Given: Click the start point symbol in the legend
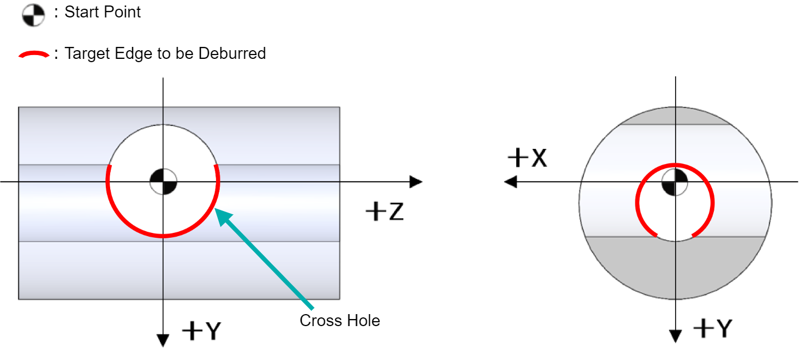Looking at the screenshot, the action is (33, 15).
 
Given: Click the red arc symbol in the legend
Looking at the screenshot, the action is (34, 54).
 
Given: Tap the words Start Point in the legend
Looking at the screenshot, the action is (103, 12).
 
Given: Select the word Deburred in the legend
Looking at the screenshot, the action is (232, 53).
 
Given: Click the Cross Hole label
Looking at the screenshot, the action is (339, 320).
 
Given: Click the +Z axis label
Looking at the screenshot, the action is (385, 211).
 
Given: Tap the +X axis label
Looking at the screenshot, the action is (527, 157).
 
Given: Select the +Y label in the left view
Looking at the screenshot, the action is (202, 330).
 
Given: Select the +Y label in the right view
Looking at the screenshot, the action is (713, 328).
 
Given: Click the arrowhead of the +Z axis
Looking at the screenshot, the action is (416, 182).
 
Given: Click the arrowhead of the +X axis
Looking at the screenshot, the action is (510, 182).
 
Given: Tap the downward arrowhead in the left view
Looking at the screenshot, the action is (163, 340).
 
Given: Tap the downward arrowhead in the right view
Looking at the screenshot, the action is (676, 336).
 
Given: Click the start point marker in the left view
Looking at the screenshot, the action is (163, 182).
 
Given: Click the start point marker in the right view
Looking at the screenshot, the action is (674, 182).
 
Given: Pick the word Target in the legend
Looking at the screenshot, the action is (87, 53).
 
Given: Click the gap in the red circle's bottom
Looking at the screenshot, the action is (674, 238).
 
